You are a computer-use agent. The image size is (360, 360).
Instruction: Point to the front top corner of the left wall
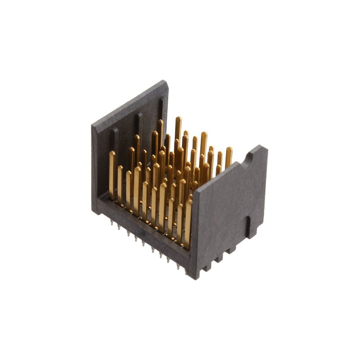coord(94,126)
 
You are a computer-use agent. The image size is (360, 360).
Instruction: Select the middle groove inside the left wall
coord(140,124)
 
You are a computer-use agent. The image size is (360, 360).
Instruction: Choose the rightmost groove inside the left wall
coord(161,108)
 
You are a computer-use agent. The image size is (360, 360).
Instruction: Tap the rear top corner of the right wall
coord(263,147)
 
